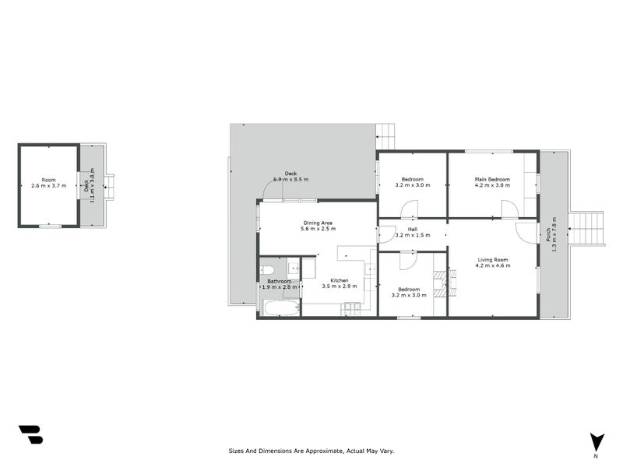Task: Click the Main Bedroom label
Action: [492, 179]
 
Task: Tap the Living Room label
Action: [492, 259]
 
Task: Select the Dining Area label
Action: [319, 223]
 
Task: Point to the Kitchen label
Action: [339, 280]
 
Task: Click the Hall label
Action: [412, 229]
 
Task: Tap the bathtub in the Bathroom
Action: [279, 308]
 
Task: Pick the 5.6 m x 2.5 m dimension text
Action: [319, 229]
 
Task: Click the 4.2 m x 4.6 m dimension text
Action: [492, 265]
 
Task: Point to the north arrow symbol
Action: [597, 441]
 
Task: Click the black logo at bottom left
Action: [30, 434]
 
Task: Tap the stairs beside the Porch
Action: [587, 229]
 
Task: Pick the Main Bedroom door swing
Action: [510, 209]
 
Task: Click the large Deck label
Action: [290, 174]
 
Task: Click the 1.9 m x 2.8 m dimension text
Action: [279, 287]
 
